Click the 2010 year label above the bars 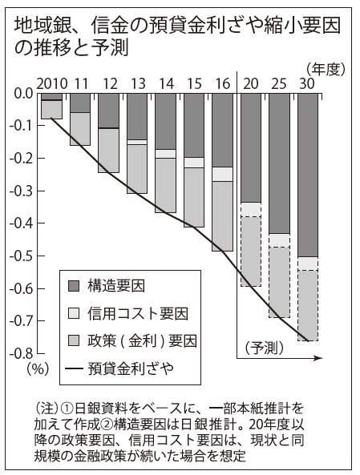click(52, 83)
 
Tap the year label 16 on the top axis click(223, 83)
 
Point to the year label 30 click(307, 83)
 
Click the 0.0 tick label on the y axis click(24, 93)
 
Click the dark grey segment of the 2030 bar click(308, 175)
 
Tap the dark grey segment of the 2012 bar click(109, 111)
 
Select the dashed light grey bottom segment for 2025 click(279, 282)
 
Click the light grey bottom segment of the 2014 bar click(166, 185)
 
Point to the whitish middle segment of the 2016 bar click(223, 174)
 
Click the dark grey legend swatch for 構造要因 click(74, 286)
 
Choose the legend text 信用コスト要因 click(138, 313)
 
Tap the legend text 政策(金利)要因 click(142, 341)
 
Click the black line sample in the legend click(74, 368)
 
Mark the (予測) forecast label click(264, 348)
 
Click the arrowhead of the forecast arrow click(319, 358)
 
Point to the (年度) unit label click(326, 70)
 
